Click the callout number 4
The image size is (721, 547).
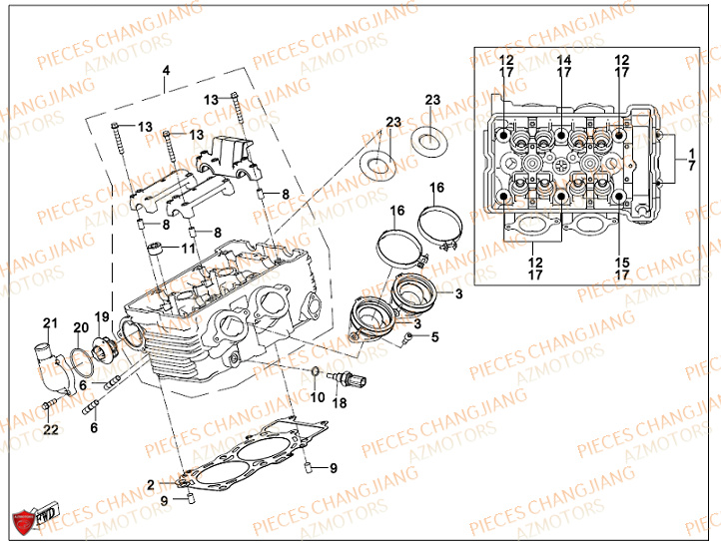(167, 69)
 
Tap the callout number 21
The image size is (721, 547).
(48, 321)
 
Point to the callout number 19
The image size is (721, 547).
(101, 316)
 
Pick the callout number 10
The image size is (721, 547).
(318, 397)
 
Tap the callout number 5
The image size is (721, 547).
(434, 336)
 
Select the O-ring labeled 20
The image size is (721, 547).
(79, 358)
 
